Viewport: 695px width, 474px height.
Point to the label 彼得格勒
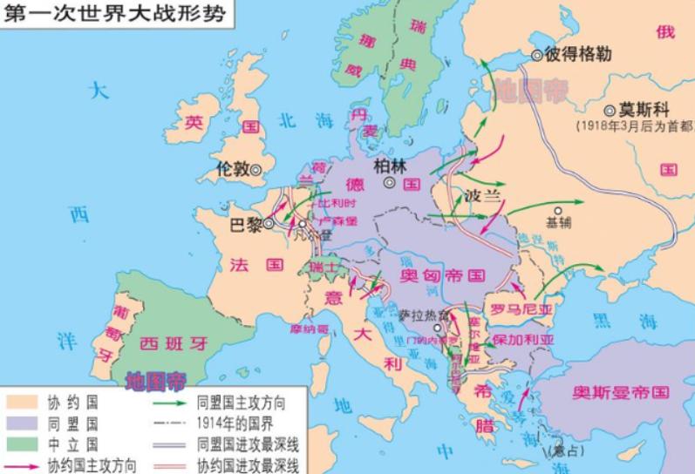(577, 55)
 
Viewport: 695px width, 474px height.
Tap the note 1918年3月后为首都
(635, 126)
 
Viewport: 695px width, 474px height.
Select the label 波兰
(484, 195)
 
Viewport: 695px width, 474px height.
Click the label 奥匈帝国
(442, 275)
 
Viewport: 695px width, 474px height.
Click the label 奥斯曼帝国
(617, 392)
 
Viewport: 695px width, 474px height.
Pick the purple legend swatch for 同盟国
(24, 424)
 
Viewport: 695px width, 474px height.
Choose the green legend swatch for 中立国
(24, 444)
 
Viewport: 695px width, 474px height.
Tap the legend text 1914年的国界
(241, 423)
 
